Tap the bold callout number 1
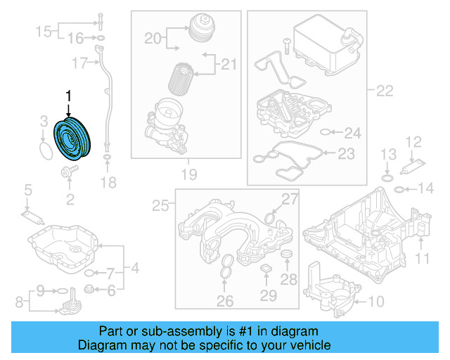point(68,95)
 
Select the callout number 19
point(188,174)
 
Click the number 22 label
point(385,90)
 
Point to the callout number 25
point(161,205)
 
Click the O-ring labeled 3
point(44,150)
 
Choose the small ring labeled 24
point(324,131)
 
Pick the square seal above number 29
point(266,271)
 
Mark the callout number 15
point(44,31)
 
